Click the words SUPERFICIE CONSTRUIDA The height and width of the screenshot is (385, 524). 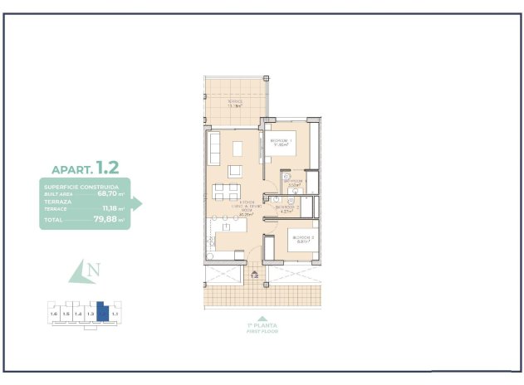click(x=81, y=187)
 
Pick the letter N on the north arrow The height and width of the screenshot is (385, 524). click(x=94, y=269)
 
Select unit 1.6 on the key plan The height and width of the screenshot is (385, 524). click(x=54, y=314)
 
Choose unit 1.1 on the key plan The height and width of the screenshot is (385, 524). click(x=115, y=314)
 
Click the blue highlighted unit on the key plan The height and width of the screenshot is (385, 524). click(x=102, y=313)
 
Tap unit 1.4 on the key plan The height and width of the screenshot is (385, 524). click(x=78, y=314)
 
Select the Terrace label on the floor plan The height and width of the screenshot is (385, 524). click(x=234, y=103)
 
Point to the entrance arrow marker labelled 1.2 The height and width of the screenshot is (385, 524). click(x=255, y=275)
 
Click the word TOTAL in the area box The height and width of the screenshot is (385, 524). click(x=54, y=221)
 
